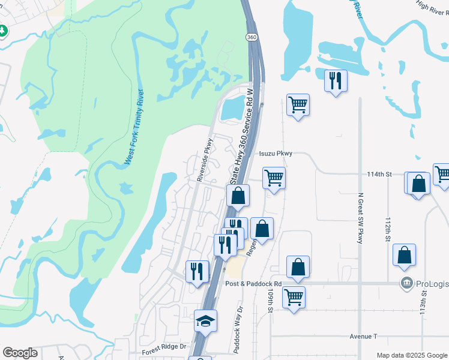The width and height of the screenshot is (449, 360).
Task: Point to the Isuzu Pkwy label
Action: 276,154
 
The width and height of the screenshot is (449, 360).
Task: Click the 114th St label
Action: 379,174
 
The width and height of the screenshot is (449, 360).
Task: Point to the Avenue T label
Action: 358,337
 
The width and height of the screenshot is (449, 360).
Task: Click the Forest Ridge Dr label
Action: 165,347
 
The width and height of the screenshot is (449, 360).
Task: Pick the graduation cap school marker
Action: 205,320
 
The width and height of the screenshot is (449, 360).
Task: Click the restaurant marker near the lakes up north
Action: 336,80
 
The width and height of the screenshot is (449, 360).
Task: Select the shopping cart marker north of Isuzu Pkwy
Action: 298,104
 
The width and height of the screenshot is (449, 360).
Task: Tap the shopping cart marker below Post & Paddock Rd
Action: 294,296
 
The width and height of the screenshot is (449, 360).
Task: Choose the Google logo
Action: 20,353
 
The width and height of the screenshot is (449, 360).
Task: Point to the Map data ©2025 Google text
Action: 411,355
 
